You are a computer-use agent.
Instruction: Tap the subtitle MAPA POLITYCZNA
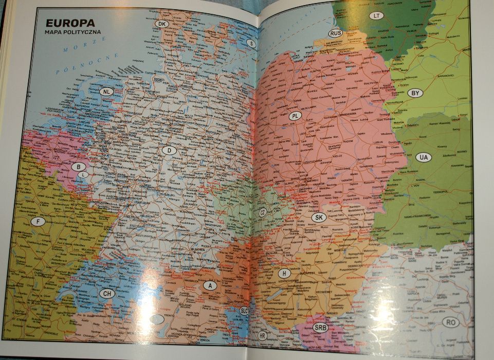click(72, 32)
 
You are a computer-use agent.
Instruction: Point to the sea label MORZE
click(68, 50)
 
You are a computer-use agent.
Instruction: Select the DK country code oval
click(162, 24)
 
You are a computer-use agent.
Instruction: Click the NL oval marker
click(106, 92)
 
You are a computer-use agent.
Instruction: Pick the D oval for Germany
click(169, 150)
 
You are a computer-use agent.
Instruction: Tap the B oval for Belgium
click(78, 167)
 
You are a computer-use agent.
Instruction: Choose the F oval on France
click(37, 221)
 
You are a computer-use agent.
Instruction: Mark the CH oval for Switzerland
click(106, 294)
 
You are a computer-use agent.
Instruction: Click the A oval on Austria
click(209, 285)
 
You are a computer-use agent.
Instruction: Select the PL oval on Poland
click(295, 116)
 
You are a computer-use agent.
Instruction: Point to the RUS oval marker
click(335, 33)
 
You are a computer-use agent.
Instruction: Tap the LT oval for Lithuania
click(377, 15)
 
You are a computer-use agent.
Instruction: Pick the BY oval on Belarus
click(415, 94)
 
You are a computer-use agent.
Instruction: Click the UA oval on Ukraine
click(424, 156)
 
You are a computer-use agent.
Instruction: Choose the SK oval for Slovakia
click(319, 217)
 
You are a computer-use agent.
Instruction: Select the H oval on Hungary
click(284, 273)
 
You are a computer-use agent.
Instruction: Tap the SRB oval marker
click(320, 328)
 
